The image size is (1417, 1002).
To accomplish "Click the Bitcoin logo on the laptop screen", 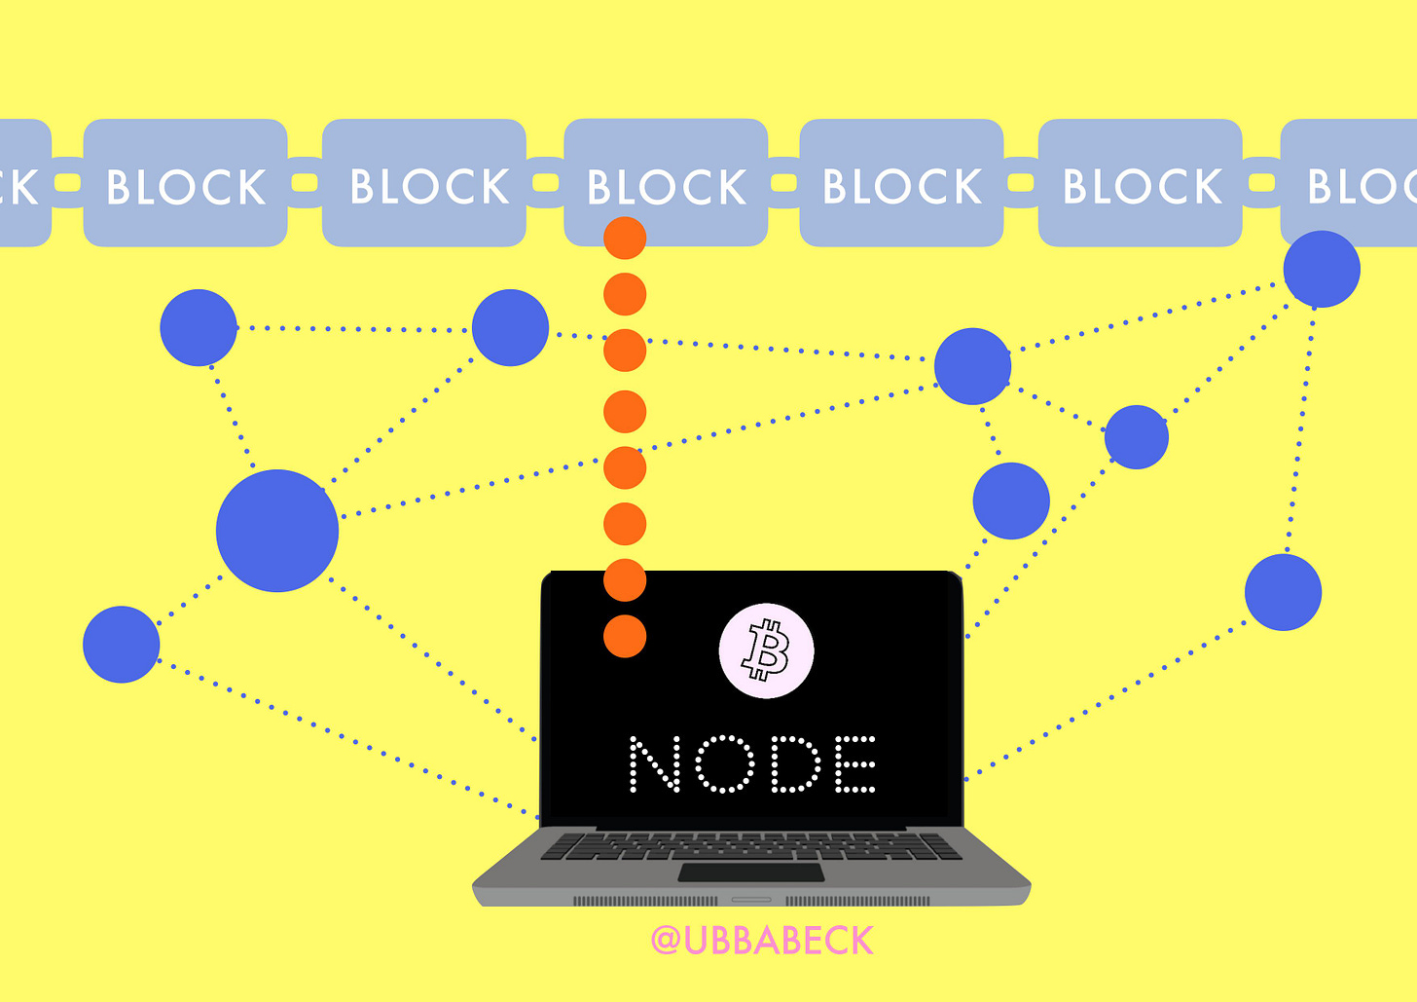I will (x=766, y=650).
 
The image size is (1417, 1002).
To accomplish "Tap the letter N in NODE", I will (x=655, y=764).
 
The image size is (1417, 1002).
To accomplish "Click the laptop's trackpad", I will (x=750, y=872).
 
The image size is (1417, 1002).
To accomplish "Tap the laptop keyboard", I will (x=750, y=845).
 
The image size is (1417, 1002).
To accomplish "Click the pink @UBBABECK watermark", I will (x=762, y=941).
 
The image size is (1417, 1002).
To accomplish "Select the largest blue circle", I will (x=277, y=531).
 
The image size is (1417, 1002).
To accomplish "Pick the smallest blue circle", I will (x=1137, y=437).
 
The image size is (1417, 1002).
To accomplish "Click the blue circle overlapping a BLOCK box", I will (x=1321, y=269).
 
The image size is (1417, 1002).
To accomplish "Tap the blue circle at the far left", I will (x=121, y=645).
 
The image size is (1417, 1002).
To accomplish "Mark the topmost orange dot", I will (x=625, y=239).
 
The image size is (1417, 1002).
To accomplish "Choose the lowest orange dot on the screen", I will (x=625, y=636).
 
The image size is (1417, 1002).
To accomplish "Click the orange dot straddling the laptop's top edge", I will (x=625, y=580).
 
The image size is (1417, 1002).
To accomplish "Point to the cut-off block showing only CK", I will (x=21, y=182).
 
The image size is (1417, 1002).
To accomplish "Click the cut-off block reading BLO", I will (x=1353, y=182).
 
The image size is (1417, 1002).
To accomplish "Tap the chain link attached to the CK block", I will (x=68, y=183).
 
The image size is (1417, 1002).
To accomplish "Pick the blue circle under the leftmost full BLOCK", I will (x=199, y=327).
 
